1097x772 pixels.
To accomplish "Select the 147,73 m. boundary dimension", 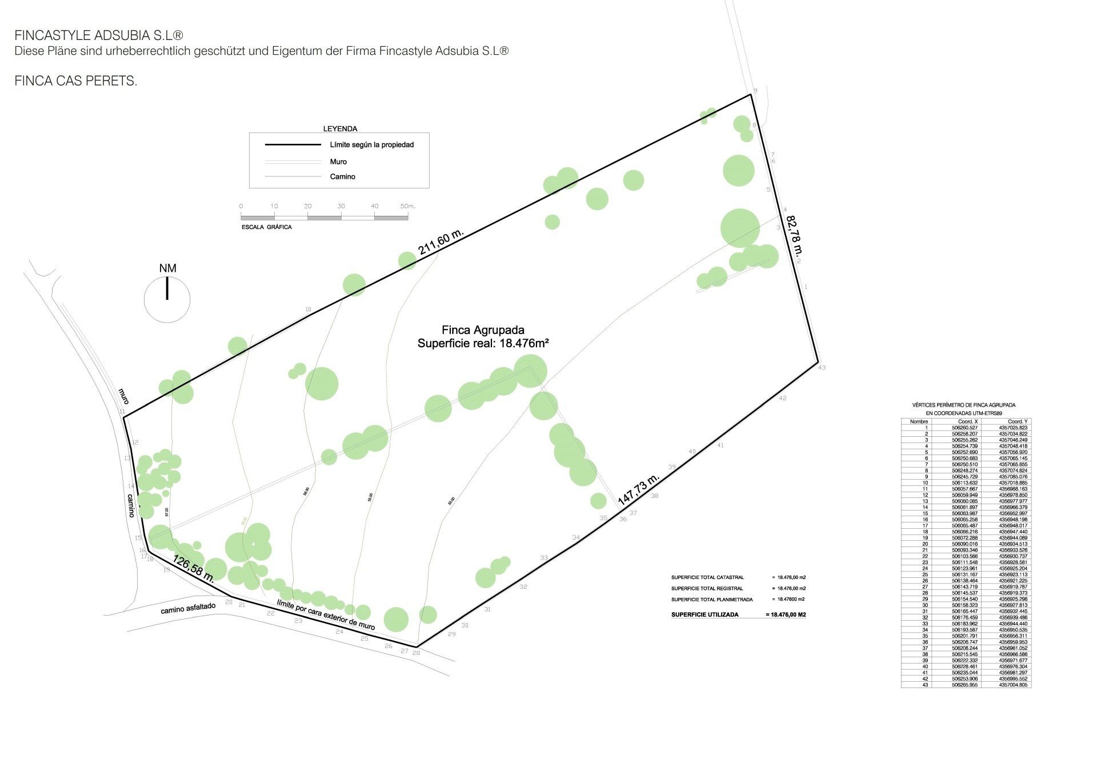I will [639, 489].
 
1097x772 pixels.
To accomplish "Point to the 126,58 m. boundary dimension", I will [193, 569].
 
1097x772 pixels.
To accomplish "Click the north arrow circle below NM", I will [167, 299].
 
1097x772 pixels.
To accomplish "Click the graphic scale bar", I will [324, 218].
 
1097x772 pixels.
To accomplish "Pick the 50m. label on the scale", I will [407, 206].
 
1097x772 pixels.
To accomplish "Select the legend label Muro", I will [338, 162].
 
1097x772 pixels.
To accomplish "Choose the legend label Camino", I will [342, 176].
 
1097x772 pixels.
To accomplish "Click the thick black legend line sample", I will [293, 145].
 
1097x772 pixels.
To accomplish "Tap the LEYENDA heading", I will [340, 129].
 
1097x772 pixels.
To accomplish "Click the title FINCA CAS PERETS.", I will [75, 81].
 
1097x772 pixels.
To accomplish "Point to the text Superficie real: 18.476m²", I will [483, 343].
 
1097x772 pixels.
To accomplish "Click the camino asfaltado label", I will [188, 608].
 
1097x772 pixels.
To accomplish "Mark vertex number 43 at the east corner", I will [822, 368].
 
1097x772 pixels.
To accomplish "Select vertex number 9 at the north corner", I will [755, 91].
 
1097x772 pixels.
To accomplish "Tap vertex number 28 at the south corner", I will [416, 653].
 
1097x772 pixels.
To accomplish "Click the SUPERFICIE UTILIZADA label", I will [704, 614].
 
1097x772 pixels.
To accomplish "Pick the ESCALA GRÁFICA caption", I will [266, 227].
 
